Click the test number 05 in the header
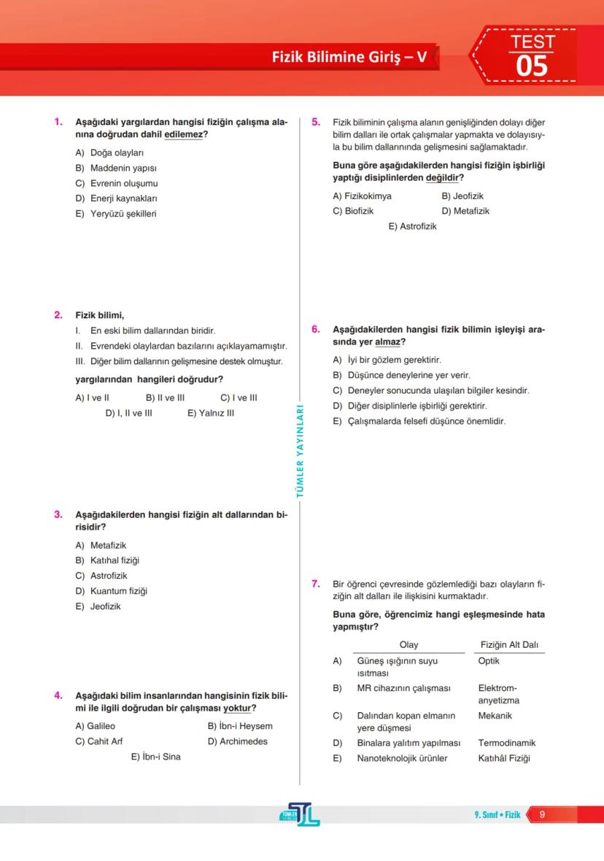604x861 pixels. pyautogui.click(x=531, y=66)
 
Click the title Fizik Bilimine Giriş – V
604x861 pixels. pyautogui.click(x=349, y=56)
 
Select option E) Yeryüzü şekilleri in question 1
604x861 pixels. pyautogui.click(x=116, y=214)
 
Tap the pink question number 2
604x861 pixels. pyautogui.click(x=58, y=315)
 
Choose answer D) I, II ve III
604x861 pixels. pyautogui.click(x=128, y=413)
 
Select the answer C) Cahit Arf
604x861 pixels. pyautogui.click(x=99, y=741)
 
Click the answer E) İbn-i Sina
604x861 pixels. pyautogui.click(x=155, y=757)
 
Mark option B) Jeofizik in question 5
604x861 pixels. pyautogui.click(x=462, y=196)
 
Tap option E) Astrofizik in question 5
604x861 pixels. pyautogui.click(x=412, y=226)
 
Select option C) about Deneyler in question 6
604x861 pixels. pyautogui.click(x=430, y=390)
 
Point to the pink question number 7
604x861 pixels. pyautogui.click(x=316, y=584)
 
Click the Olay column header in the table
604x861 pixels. pyautogui.click(x=409, y=645)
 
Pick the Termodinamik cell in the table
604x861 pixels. pyautogui.click(x=506, y=743)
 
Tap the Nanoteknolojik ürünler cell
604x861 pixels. pyautogui.click(x=402, y=758)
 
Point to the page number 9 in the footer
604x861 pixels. pyautogui.click(x=542, y=814)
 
